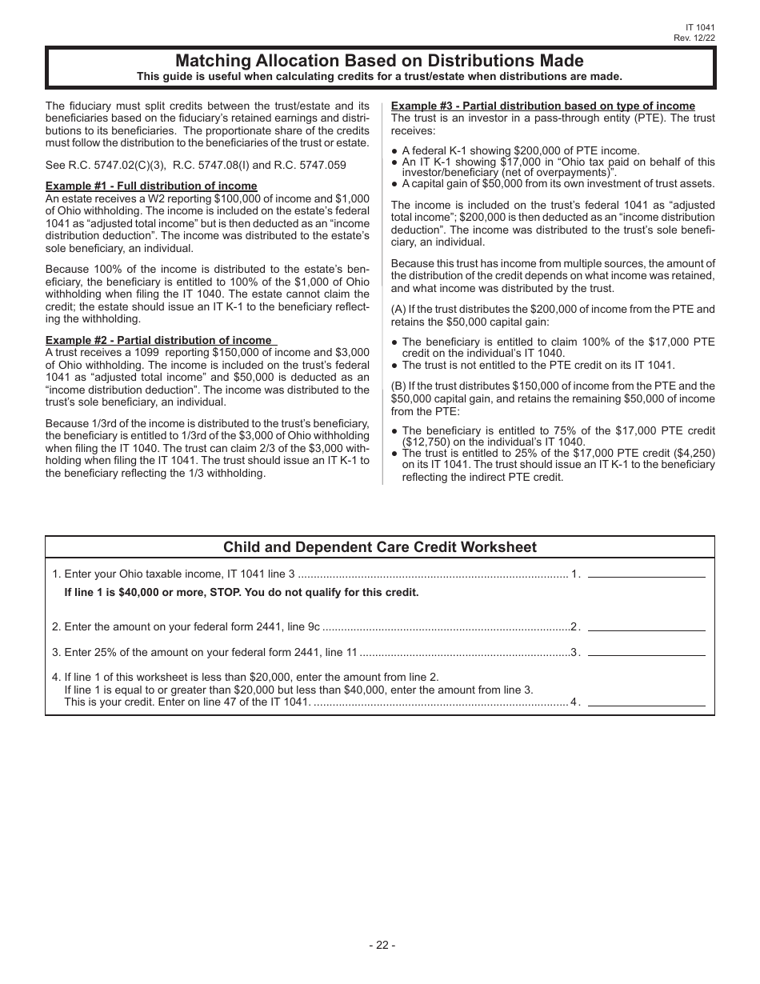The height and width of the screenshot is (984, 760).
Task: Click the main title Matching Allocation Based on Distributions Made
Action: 379,61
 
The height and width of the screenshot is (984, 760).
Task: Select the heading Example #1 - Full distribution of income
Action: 151,186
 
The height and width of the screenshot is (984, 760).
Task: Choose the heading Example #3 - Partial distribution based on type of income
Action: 542,106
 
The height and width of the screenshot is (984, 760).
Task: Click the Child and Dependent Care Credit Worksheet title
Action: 379,547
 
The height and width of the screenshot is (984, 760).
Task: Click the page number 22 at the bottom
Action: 382,945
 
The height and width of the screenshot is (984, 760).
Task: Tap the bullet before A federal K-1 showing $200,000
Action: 394,151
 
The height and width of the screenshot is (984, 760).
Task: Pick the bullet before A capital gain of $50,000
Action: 394,184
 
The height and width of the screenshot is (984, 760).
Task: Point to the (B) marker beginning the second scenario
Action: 398,386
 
